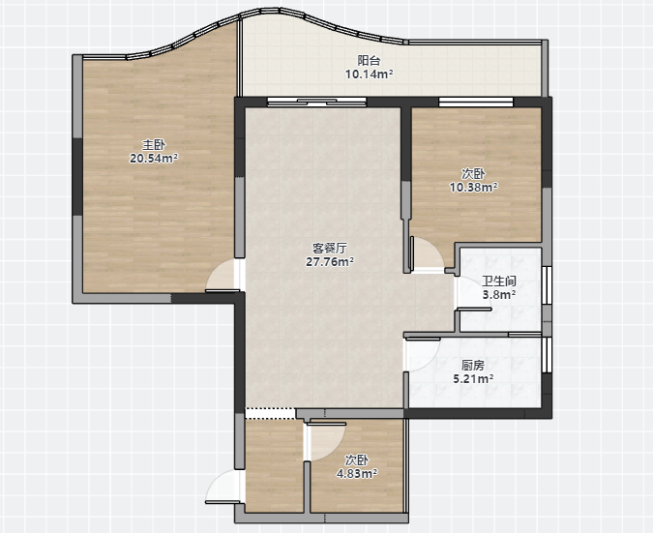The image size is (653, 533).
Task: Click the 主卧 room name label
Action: (154, 145)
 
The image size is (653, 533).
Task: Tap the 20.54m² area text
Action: (154, 159)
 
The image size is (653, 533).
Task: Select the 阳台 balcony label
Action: (369, 60)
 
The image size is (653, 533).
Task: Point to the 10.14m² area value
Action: (370, 74)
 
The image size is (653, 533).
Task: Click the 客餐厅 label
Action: (330, 249)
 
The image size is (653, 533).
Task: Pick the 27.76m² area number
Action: (330, 261)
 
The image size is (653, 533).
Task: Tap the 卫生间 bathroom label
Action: (499, 281)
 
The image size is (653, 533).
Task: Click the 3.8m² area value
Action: (499, 295)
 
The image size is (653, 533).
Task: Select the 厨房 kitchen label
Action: (473, 366)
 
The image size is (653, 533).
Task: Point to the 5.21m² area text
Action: (473, 379)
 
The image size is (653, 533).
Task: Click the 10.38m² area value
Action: (473, 188)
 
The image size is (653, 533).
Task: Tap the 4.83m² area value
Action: (357, 473)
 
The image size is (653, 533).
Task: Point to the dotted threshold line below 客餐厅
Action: (270, 413)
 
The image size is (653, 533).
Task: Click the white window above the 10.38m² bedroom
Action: (476, 102)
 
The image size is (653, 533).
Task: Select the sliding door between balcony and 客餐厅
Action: (316, 102)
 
